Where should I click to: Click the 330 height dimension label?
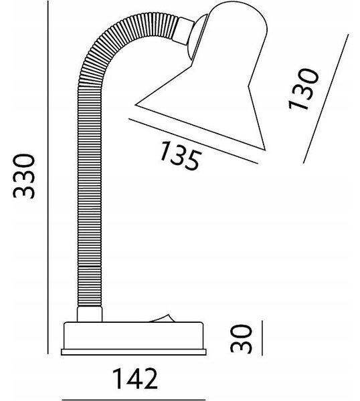click(23, 176)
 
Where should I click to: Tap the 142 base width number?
click(135, 379)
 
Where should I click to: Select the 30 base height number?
click(241, 339)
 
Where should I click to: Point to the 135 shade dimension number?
click(180, 156)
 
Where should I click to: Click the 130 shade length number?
click(304, 89)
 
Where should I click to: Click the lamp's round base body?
click(134, 336)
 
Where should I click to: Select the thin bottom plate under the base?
click(134, 352)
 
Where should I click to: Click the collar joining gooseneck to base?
click(90, 314)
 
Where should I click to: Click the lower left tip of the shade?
click(135, 105)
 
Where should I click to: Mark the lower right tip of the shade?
click(265, 150)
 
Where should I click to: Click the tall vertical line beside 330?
click(48, 177)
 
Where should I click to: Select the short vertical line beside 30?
click(262, 338)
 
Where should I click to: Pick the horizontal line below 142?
click(134, 400)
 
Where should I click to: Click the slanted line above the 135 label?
click(193, 141)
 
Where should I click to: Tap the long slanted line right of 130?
click(326, 98)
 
